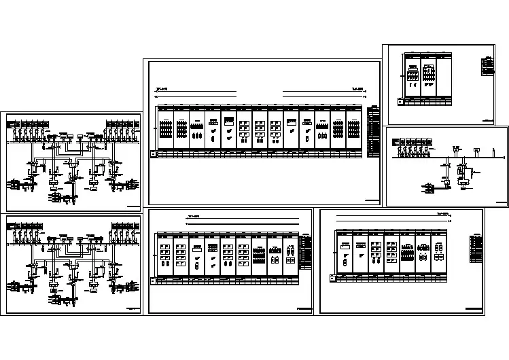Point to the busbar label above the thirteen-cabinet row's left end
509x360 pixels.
coord(162,88)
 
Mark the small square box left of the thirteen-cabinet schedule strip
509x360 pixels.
coord(153,154)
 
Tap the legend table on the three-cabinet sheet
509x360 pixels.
coord(486,66)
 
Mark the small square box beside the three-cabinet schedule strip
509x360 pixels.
coord(400,102)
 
